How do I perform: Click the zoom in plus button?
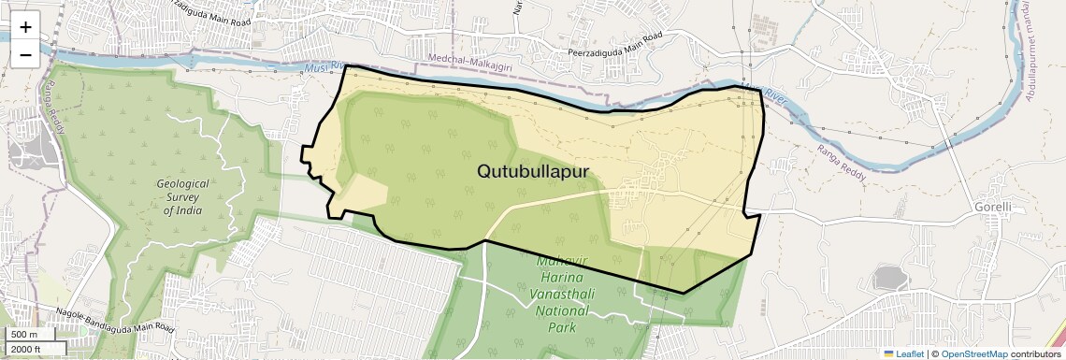(x=25, y=27)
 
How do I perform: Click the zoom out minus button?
(x=25, y=54)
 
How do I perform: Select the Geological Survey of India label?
(x=182, y=197)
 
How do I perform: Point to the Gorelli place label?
(x=992, y=206)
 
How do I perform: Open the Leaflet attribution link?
(x=903, y=353)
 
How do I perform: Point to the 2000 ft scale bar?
(x=33, y=349)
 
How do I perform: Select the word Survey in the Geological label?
(x=182, y=197)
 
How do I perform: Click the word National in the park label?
(x=566, y=312)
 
